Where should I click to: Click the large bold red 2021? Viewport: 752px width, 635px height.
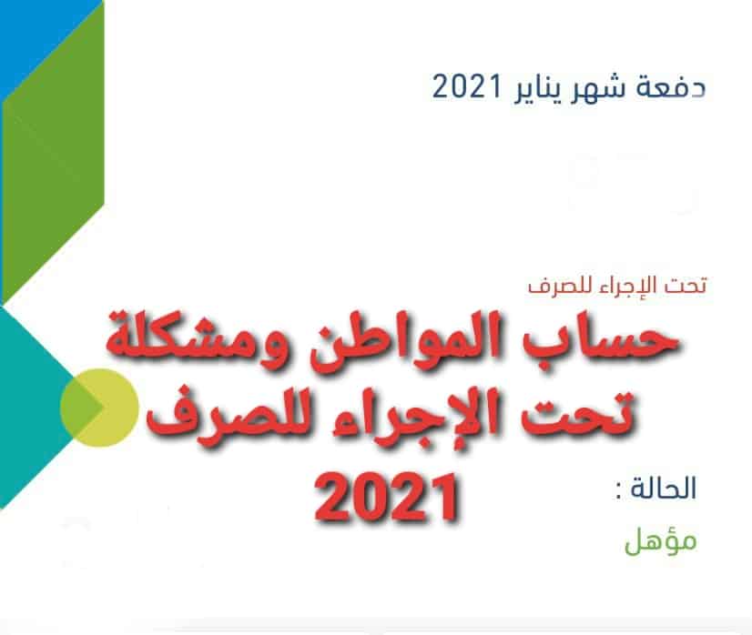(x=387, y=498)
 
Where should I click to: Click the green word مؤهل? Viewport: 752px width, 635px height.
(x=660, y=541)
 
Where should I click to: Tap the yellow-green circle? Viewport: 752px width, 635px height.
(x=100, y=408)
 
